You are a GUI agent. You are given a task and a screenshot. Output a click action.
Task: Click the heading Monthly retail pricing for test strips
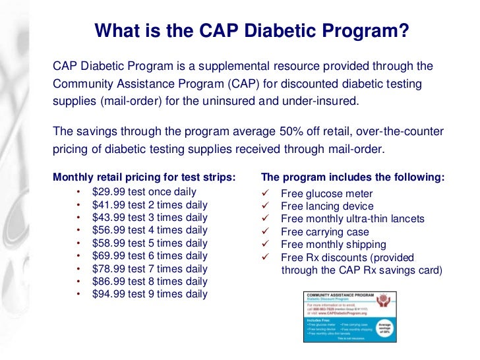[144, 177]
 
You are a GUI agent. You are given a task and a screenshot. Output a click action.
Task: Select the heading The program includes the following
[353, 177]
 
